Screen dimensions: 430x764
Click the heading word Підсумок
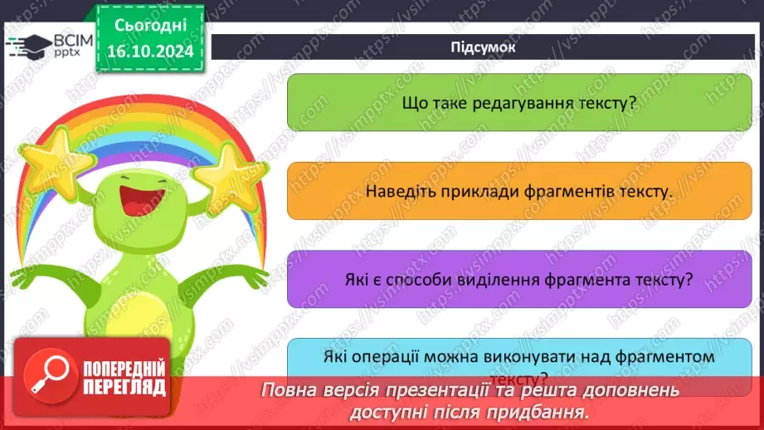coord(484,47)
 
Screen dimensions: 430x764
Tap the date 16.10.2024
coord(146,51)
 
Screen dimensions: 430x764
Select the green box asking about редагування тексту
coord(518,103)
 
